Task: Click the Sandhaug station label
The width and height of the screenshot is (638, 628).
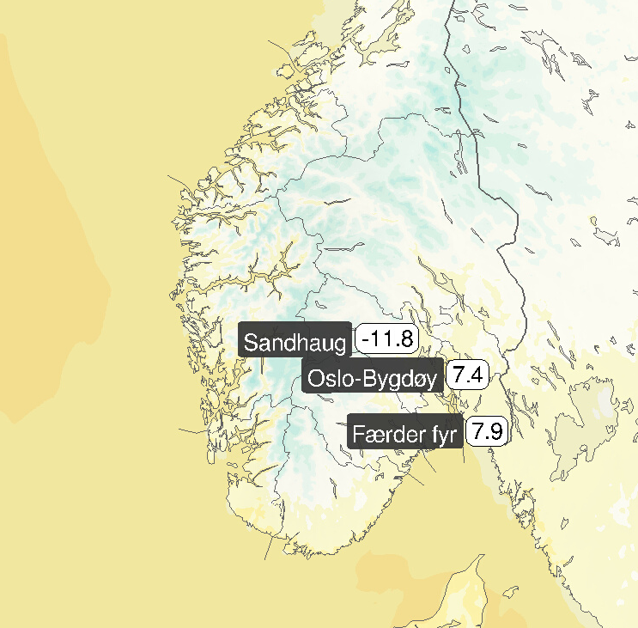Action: (x=295, y=343)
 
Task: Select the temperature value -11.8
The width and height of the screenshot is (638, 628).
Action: (x=386, y=338)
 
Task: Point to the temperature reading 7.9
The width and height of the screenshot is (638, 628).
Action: (x=486, y=431)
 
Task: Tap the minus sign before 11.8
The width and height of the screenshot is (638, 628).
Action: (x=366, y=339)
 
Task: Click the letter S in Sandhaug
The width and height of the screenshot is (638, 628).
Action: (x=251, y=343)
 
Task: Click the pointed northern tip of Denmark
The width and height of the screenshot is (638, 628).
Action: (x=479, y=556)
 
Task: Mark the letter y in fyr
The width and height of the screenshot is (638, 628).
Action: (x=445, y=437)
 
